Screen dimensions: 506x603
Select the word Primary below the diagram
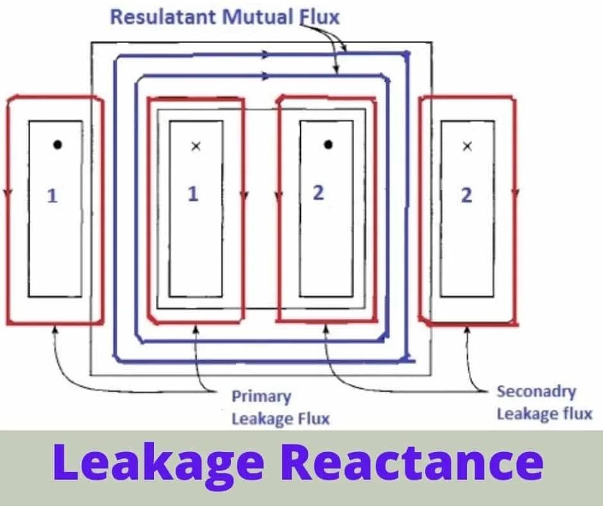point(261,397)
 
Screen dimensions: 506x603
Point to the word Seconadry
point(536,392)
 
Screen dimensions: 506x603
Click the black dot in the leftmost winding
point(57,144)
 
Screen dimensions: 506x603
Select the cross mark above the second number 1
point(196,146)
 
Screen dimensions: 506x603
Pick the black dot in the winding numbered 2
point(328,144)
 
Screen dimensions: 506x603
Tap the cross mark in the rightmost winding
point(467,146)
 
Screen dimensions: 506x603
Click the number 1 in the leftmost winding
point(53,195)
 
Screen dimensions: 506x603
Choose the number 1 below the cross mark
point(192,193)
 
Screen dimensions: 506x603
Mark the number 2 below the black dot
point(318,192)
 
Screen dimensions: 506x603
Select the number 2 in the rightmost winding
point(466,195)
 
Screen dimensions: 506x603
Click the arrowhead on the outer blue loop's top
point(268,55)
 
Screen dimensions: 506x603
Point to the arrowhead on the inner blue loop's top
point(265,76)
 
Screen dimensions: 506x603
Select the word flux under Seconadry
point(577,414)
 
